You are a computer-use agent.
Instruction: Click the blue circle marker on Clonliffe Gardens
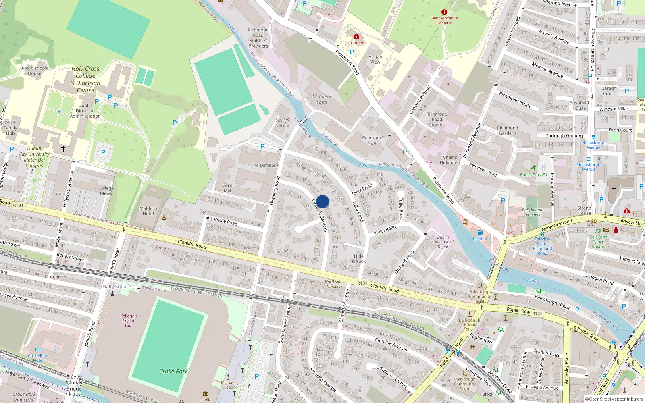click(x=322, y=201)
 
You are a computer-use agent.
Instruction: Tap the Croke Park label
click(x=173, y=371)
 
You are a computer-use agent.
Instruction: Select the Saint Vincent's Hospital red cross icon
click(x=444, y=12)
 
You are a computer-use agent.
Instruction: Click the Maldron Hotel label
click(x=148, y=211)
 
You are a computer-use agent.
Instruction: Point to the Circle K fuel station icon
click(x=480, y=233)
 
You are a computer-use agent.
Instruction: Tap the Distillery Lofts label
click(x=322, y=99)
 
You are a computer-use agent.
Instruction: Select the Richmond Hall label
click(x=372, y=140)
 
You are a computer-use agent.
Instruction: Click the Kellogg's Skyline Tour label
click(x=129, y=321)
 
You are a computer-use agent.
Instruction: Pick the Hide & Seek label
click(x=359, y=259)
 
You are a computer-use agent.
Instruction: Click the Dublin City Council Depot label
click(x=443, y=242)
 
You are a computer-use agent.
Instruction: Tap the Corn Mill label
click(x=227, y=188)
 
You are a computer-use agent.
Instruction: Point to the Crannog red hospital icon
click(x=356, y=37)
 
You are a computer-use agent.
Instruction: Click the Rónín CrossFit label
click(x=534, y=175)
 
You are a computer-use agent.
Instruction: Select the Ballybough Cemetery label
click(x=532, y=212)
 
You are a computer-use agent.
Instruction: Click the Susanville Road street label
click(x=221, y=220)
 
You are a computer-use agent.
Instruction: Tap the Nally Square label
click(x=117, y=287)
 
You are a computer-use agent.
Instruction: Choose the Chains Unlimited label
click(x=450, y=160)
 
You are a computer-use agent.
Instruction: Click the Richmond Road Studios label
click(x=437, y=119)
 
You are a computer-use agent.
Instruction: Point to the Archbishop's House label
click(x=34, y=71)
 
